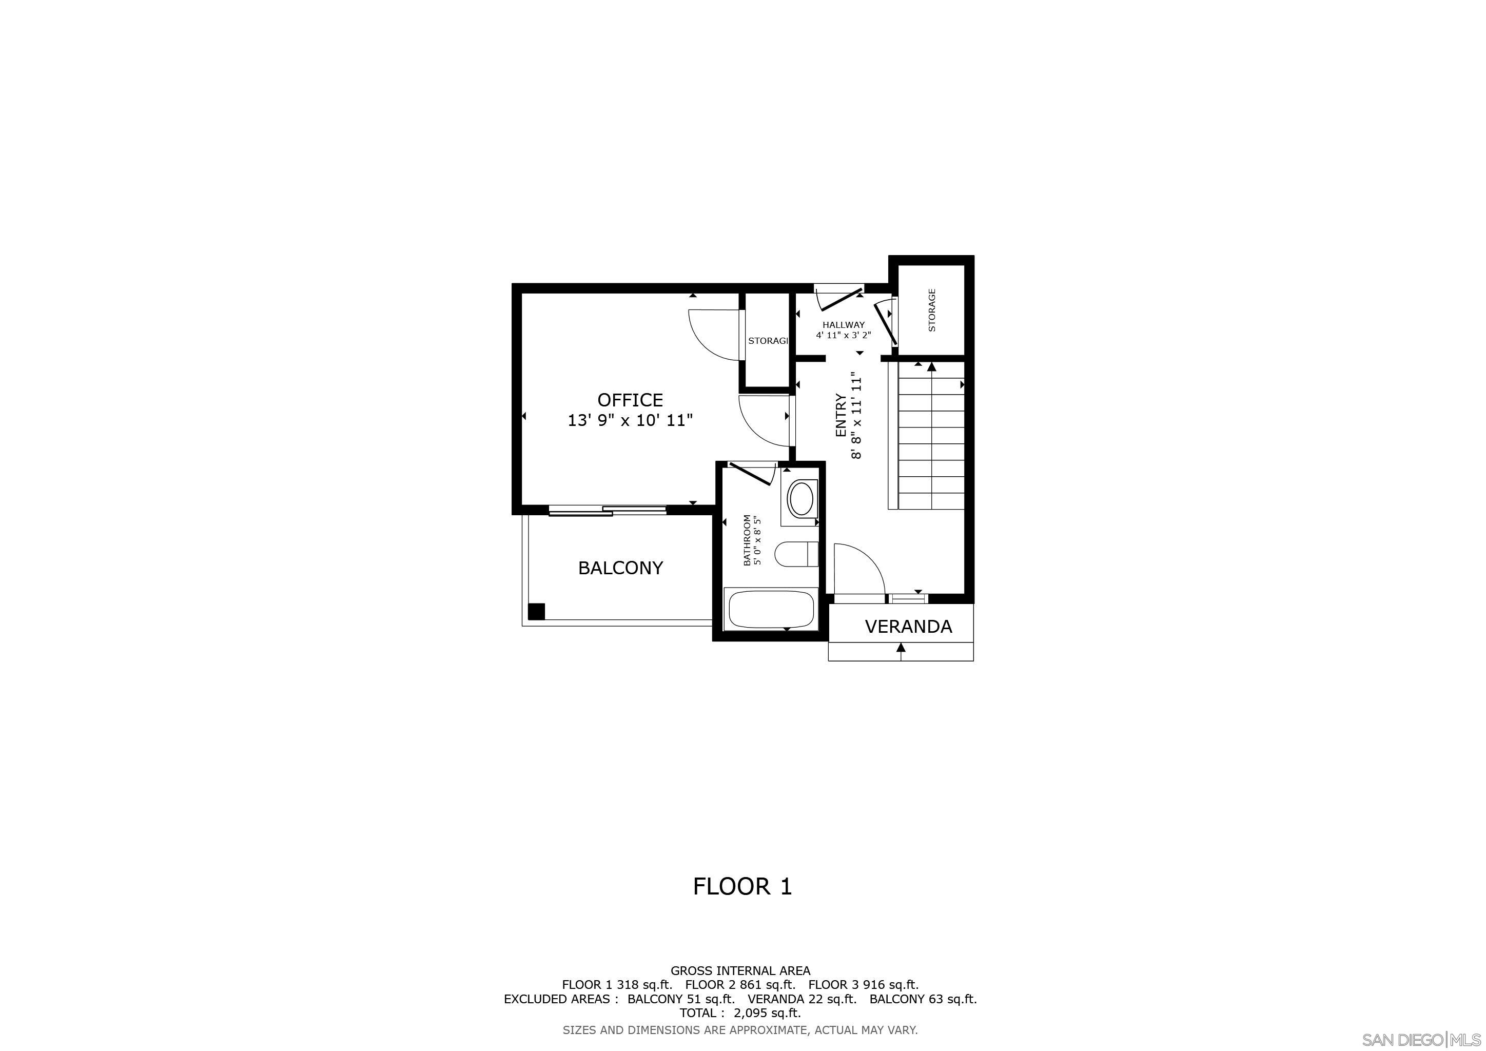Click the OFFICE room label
pos(630,399)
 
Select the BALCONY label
pos(620,568)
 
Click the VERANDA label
pos(908,627)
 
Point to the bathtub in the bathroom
pos(770,609)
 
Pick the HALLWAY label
pos(844,325)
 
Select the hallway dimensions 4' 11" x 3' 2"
pos(844,335)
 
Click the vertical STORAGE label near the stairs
pos(932,310)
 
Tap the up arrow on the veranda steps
pos(901,647)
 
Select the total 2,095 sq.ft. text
pos(740,1013)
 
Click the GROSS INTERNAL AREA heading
pos(740,971)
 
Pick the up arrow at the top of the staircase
pos(931,367)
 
